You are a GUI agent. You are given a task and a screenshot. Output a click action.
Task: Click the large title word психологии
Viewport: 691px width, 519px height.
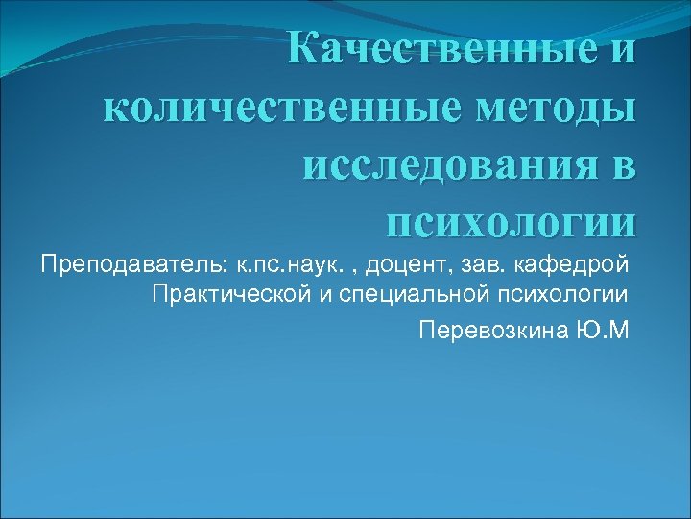[x=509, y=225]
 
